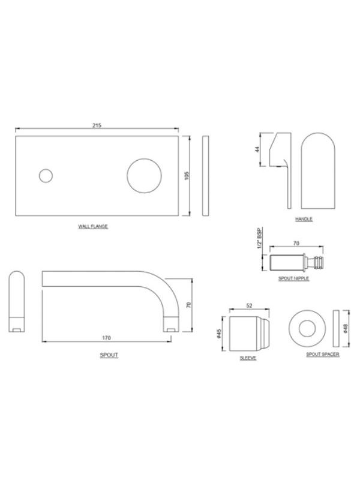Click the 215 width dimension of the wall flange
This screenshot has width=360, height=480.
tap(97, 125)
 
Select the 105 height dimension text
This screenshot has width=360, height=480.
tap(187, 176)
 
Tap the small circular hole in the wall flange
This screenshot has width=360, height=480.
tap(46, 176)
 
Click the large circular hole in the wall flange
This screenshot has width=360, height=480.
tap(144, 176)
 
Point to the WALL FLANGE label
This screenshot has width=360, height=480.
tap(93, 227)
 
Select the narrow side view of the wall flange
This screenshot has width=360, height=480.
tap(206, 176)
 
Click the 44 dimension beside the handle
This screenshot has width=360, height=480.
tap(257, 149)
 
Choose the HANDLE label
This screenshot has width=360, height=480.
tap(304, 219)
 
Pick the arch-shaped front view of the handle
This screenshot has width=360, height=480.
tap(318, 170)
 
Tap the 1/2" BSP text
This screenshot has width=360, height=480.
tap(260, 238)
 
